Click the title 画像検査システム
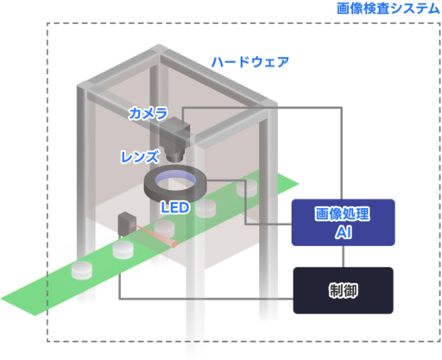point(388,9)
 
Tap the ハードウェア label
point(250,62)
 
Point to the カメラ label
point(148,113)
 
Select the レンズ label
point(140,157)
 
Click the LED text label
point(175,207)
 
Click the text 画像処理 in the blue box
point(343,214)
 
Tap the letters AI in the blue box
point(344,232)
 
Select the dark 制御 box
point(344,290)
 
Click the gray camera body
point(174,130)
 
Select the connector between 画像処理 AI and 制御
point(343,256)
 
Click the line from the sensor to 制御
point(184,299)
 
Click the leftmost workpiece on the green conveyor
point(82,270)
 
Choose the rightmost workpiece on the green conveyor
point(247,188)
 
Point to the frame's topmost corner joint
point(159,48)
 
